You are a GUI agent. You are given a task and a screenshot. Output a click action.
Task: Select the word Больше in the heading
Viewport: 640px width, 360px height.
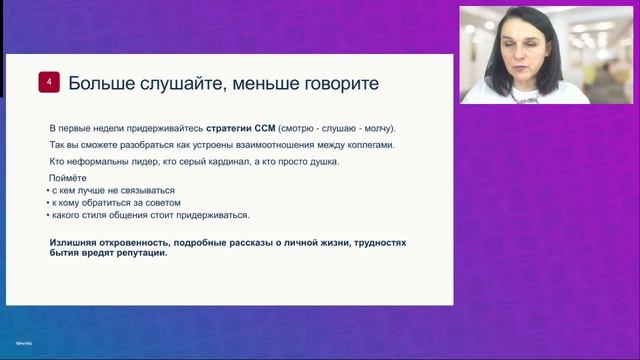98,83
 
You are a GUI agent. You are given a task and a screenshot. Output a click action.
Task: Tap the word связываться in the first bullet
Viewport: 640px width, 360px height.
145,190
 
